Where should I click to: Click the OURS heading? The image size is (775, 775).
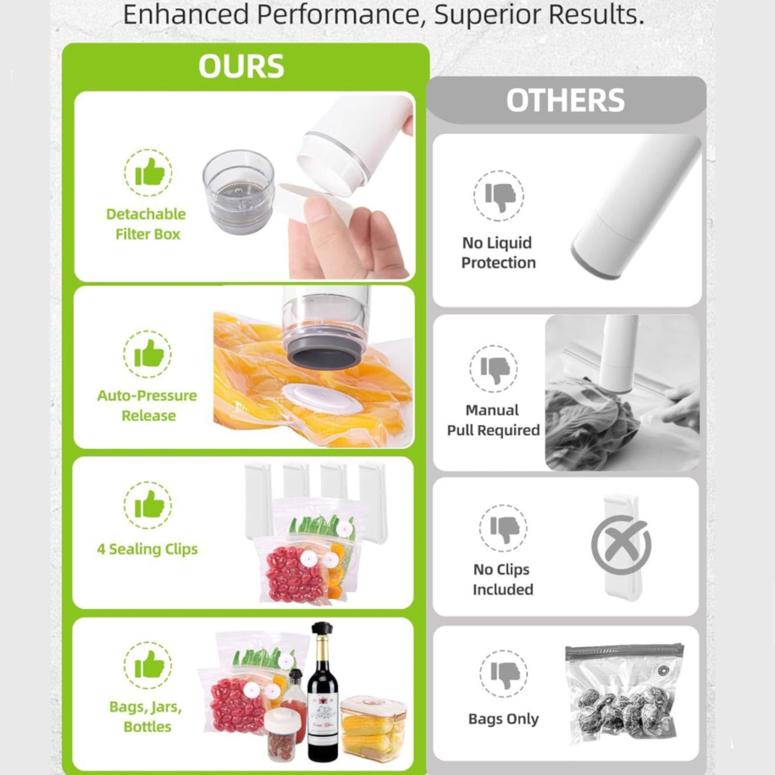241,66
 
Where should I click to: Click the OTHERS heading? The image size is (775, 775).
565,100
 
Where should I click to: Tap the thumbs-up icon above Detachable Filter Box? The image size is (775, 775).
148,172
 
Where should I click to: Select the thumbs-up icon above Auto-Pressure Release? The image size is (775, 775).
147,354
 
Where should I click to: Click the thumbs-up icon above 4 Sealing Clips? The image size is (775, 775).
148,505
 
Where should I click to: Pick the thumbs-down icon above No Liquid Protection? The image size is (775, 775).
498,196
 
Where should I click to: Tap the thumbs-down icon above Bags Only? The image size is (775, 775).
504,674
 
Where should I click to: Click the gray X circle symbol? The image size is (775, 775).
620,544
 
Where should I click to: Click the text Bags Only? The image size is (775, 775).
503,719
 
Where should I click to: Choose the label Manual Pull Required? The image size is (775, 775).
493,420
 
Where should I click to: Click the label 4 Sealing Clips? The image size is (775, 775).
147,549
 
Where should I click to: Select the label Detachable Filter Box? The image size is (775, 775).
146,224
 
